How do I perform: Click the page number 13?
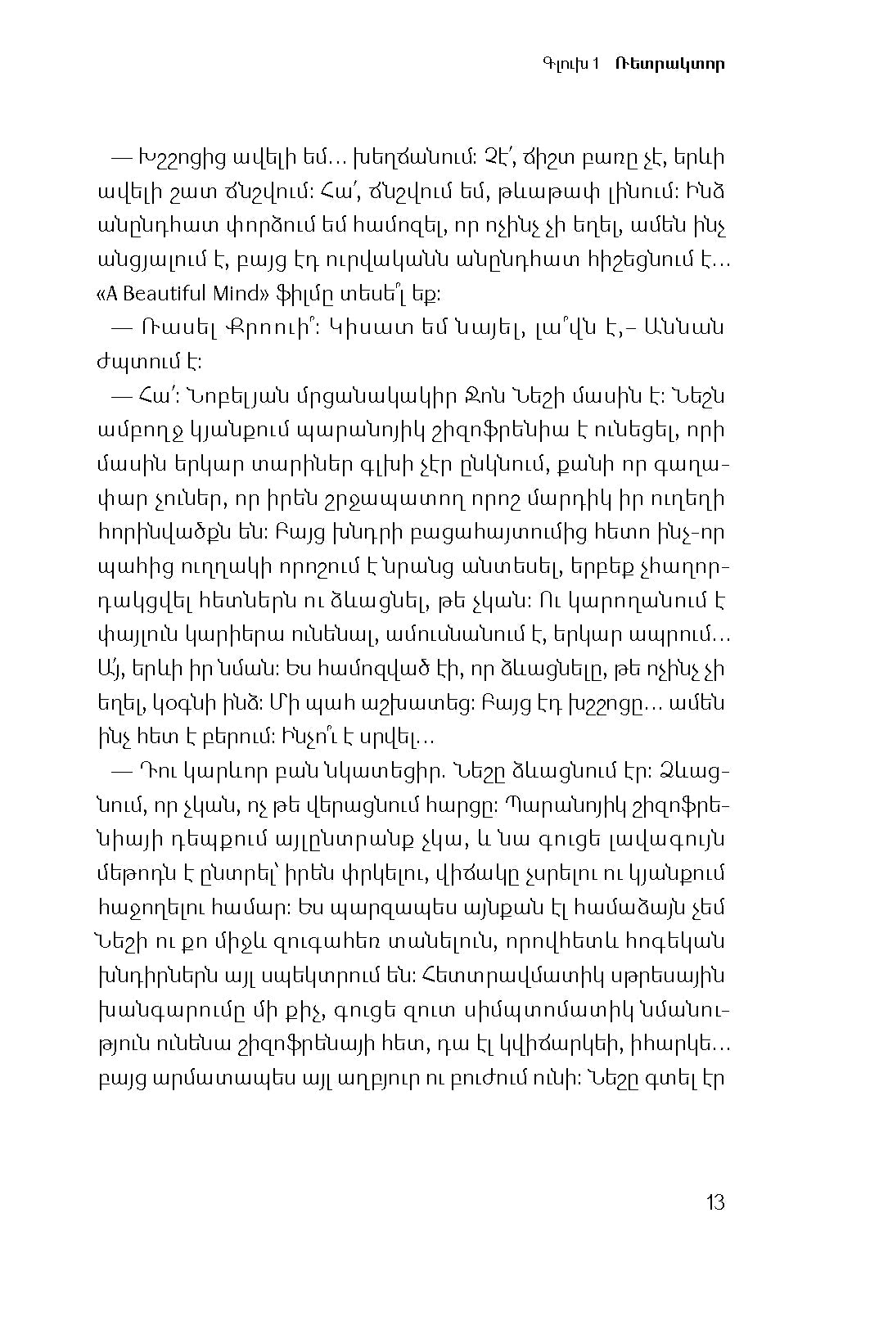point(714,1202)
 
